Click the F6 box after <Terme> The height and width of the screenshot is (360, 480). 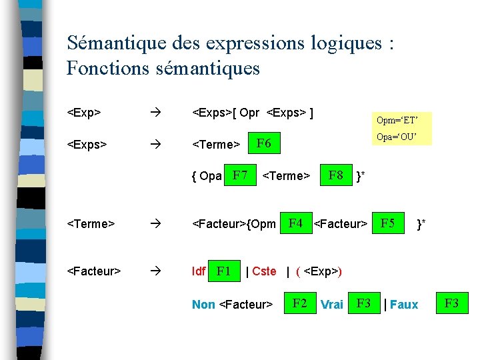tap(264, 143)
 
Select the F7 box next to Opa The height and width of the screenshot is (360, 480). tap(241, 176)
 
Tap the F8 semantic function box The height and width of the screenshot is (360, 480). tap(336, 176)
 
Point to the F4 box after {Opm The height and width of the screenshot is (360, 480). tap(295, 223)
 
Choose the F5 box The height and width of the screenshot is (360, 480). tap(387, 223)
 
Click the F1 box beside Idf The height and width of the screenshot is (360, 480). tap(224, 271)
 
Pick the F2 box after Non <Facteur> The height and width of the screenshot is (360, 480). tap(300, 304)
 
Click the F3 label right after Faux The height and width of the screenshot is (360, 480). tap(451, 304)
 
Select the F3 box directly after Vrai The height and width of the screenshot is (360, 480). tap(363, 304)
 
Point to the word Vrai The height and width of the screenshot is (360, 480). tap(332, 305)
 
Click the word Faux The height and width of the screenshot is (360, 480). tap(404, 305)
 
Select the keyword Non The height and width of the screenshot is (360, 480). tap(203, 305)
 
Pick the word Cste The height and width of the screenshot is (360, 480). tap(264, 271)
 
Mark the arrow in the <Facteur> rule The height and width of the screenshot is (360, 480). tap(156, 271)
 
